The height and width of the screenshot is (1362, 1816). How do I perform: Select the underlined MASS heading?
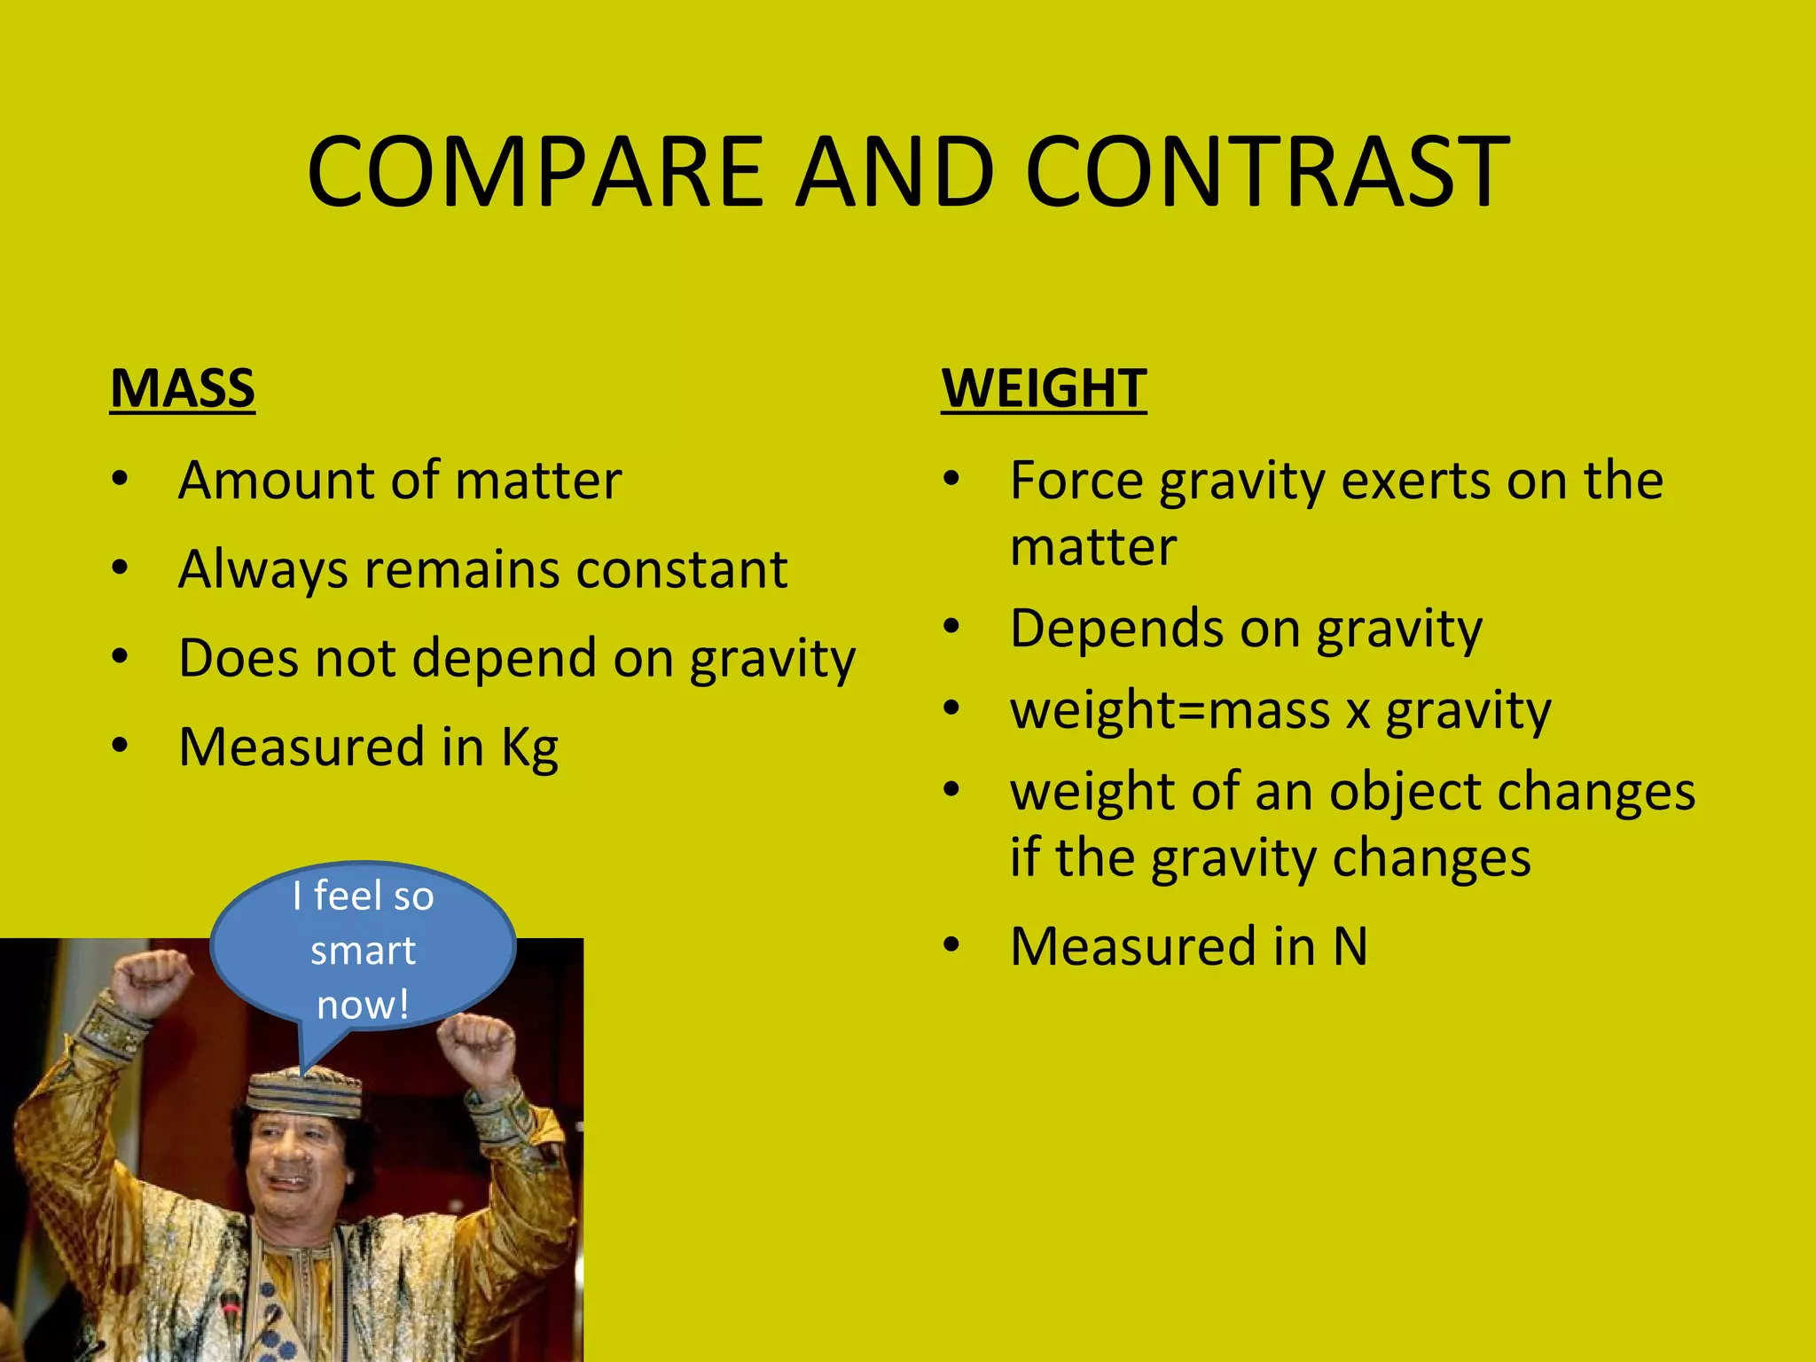(x=183, y=388)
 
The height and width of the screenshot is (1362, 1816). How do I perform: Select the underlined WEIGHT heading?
(x=1044, y=388)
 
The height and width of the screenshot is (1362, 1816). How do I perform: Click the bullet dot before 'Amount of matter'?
(x=121, y=480)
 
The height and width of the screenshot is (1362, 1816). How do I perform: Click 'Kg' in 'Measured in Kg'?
(x=529, y=748)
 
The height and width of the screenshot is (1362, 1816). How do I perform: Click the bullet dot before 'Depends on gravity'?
(x=951, y=627)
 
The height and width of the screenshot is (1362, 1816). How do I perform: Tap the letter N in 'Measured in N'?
(x=1350, y=946)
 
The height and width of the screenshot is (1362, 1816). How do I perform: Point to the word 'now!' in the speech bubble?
(x=363, y=1005)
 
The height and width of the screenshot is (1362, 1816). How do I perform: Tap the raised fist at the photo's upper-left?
(x=151, y=980)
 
